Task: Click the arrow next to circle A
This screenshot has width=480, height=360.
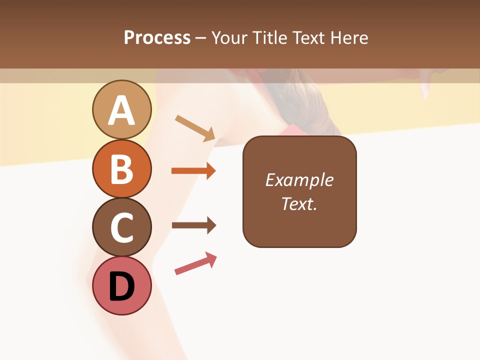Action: pyautogui.click(x=195, y=128)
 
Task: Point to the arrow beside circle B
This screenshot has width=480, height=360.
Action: pyautogui.click(x=193, y=171)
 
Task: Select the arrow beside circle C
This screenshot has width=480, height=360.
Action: pyautogui.click(x=193, y=225)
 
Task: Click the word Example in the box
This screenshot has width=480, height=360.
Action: pyautogui.click(x=299, y=180)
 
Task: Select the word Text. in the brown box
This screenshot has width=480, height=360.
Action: pyautogui.click(x=299, y=203)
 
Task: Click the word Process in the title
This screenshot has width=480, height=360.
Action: pyautogui.click(x=157, y=37)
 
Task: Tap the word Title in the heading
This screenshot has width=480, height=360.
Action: pyautogui.click(x=268, y=37)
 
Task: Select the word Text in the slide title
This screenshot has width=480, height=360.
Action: pyautogui.click(x=307, y=37)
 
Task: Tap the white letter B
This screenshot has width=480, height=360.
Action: pyautogui.click(x=121, y=169)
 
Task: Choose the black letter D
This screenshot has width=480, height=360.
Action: pyautogui.click(x=121, y=287)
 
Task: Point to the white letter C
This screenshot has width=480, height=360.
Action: pyautogui.click(x=121, y=228)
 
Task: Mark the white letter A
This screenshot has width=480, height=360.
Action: pyautogui.click(x=121, y=110)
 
